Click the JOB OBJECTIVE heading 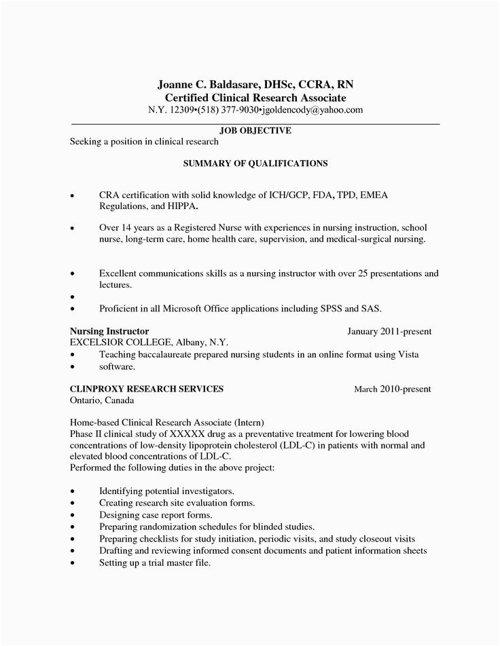pyautogui.click(x=255, y=130)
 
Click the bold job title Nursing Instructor pyautogui.click(x=110, y=330)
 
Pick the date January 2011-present pyautogui.click(x=389, y=331)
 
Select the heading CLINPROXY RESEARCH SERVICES pyautogui.click(x=147, y=389)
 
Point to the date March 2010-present pyautogui.click(x=392, y=389)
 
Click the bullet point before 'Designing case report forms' pyautogui.click(x=73, y=515)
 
